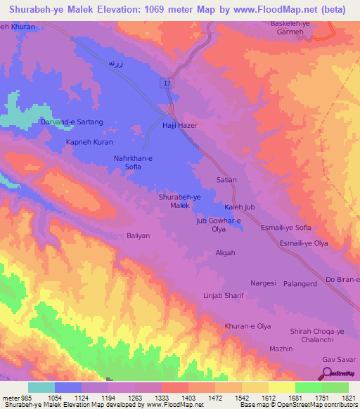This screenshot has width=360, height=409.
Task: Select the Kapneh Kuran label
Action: tap(89, 142)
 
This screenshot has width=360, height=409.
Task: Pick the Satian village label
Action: tap(226, 180)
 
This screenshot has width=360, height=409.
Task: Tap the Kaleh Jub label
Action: tap(239, 207)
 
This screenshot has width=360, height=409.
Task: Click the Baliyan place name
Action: tap(138, 236)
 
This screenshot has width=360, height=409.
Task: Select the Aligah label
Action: tap(225, 252)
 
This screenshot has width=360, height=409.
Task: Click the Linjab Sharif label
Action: tap(224, 295)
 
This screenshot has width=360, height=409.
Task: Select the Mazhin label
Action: tap(281, 349)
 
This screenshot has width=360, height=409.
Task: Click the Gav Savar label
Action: tap(337, 360)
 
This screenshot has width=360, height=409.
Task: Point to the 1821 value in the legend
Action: tap(347, 397)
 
